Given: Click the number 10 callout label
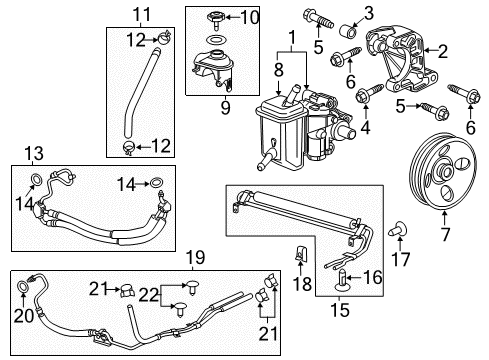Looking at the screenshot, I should (x=249, y=16).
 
